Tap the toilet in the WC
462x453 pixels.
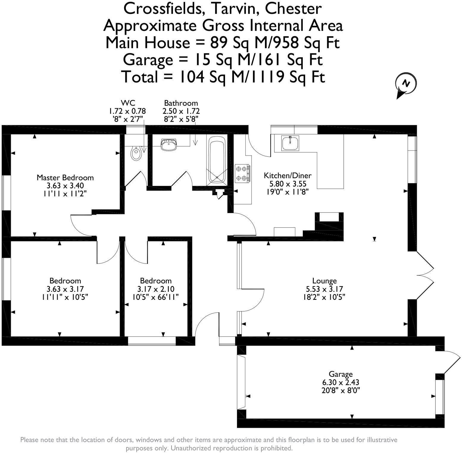136,153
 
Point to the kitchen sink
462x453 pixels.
290,143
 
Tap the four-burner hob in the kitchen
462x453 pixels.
242,173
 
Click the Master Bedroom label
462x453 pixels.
65,178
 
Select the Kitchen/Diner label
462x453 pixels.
288,176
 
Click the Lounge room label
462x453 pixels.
324,281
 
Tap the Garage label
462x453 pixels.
341,374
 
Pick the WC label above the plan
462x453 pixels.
128,103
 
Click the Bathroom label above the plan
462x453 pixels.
181,103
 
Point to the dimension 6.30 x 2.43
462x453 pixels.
341,382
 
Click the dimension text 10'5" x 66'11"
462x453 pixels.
156,297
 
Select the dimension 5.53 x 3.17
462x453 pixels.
324,289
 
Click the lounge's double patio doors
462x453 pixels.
425,275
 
